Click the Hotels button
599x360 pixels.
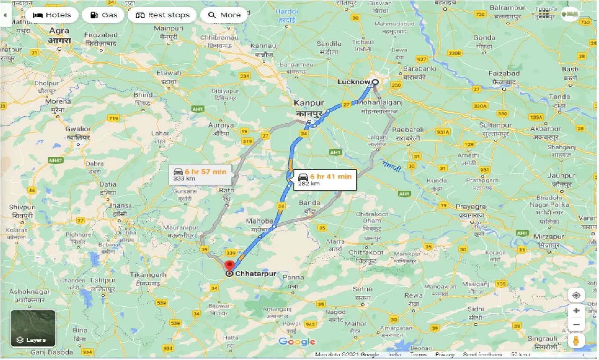(52, 15)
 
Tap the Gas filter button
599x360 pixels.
(103, 15)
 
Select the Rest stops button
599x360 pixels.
(162, 15)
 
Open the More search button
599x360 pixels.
(224, 15)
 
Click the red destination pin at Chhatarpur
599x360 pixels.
(229, 265)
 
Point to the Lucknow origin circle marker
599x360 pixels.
(375, 82)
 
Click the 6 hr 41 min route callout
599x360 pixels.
(325, 180)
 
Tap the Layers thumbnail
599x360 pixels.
(33, 328)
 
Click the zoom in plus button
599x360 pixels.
(576, 311)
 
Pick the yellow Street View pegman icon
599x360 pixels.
(576, 341)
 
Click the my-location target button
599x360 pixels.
(576, 295)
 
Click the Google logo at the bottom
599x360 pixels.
(297, 342)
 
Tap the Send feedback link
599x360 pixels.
(482, 355)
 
